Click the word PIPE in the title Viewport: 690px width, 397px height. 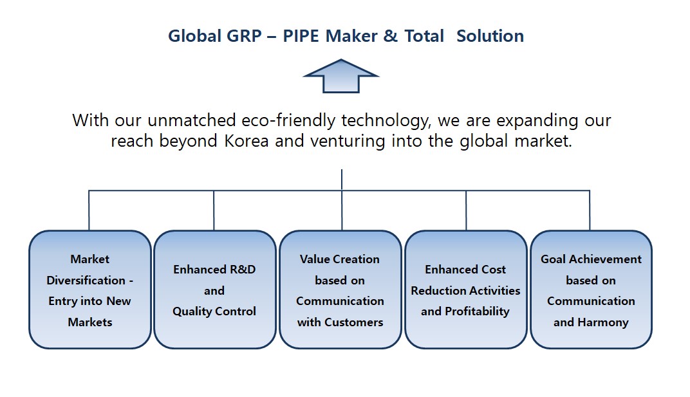[301, 36]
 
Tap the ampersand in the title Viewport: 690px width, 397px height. [390, 36]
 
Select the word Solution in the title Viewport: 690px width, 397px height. [490, 36]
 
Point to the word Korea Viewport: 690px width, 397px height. [247, 141]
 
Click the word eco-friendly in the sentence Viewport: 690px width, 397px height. [288, 120]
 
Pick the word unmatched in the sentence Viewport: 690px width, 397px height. [192, 120]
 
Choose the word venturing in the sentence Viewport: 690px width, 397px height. [346, 142]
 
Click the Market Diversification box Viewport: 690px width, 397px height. [89, 290]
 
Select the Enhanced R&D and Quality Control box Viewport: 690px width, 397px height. [215, 290]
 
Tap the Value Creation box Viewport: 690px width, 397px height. [340, 290]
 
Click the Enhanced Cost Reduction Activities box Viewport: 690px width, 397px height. [465, 290]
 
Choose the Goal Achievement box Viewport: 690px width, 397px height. [591, 290]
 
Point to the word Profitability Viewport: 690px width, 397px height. [477, 311]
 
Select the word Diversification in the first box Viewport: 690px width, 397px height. [86, 281]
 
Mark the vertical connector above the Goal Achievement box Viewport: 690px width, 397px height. [590, 210]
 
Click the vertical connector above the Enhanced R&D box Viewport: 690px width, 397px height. [214, 210]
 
